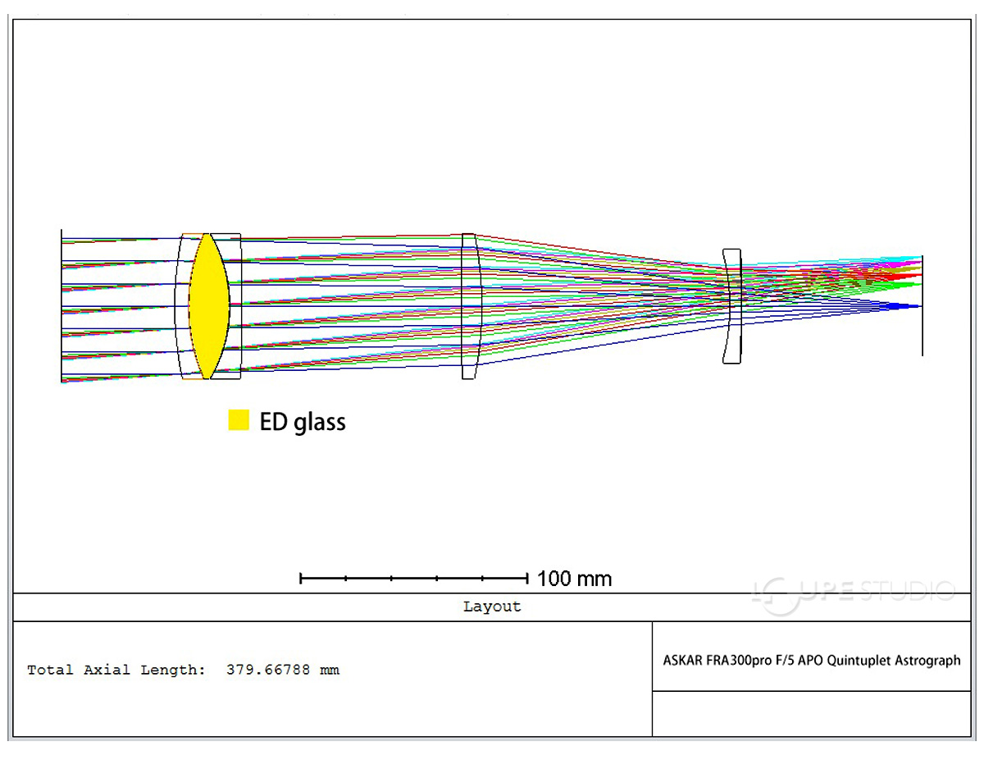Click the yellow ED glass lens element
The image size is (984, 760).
(x=209, y=306)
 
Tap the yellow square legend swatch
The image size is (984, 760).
(x=239, y=419)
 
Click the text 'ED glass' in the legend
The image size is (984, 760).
(x=303, y=422)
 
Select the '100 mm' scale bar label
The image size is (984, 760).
(x=574, y=579)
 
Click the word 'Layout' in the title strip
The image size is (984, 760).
(x=492, y=607)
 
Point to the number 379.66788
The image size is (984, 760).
(x=268, y=670)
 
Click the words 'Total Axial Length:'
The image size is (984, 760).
(x=116, y=670)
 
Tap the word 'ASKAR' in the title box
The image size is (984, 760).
(x=681, y=661)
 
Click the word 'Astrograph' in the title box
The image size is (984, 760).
(x=927, y=662)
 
